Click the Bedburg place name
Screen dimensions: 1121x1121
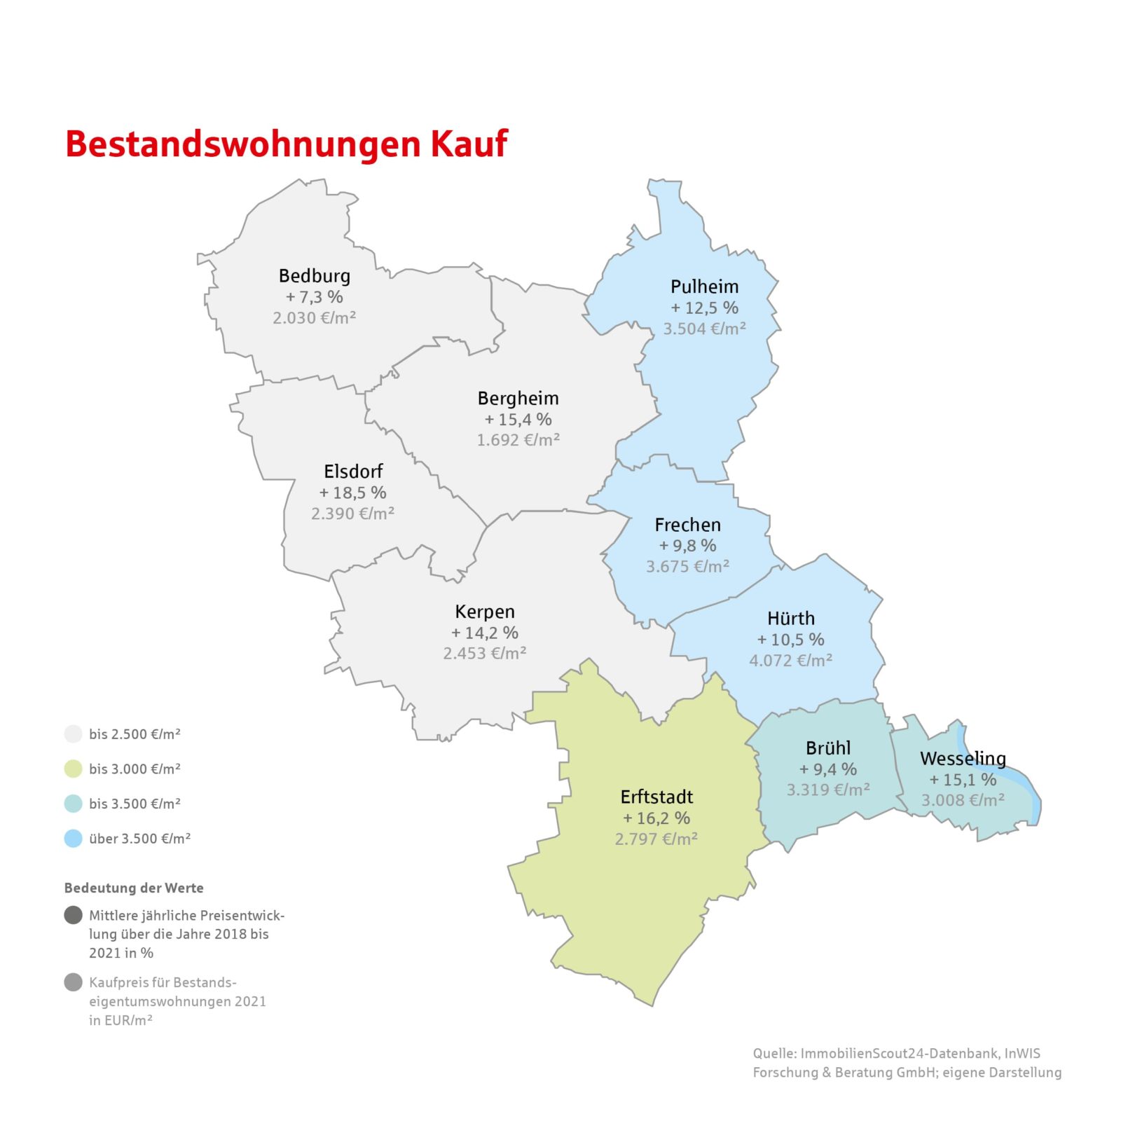pyautogui.click(x=315, y=276)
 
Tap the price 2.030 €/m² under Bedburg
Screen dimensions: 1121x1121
pyautogui.click(x=315, y=318)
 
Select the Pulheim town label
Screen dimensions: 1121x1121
pyautogui.click(x=704, y=287)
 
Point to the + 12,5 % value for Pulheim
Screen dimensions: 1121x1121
pyautogui.click(x=704, y=308)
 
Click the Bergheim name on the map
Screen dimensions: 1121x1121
pyautogui.click(x=518, y=399)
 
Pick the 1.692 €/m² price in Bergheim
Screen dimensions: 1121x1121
pyautogui.click(x=518, y=440)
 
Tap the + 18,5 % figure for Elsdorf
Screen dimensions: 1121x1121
pyautogui.click(x=352, y=493)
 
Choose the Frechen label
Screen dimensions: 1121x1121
pyautogui.click(x=687, y=525)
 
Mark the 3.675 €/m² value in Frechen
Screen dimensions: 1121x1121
pyautogui.click(x=687, y=566)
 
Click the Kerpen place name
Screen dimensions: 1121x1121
pyautogui.click(x=485, y=612)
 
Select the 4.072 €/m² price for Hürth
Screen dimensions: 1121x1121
pyautogui.click(x=790, y=660)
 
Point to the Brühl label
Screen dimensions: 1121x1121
pyautogui.click(x=828, y=748)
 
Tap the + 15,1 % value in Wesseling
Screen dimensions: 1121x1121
pyautogui.click(x=963, y=779)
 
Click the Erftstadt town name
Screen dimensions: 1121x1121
pyautogui.click(x=656, y=797)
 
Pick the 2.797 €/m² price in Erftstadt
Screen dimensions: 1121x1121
pyautogui.click(x=656, y=839)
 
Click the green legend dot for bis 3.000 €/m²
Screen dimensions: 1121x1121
pyautogui.click(x=74, y=769)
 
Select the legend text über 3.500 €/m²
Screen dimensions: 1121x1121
pyautogui.click(x=139, y=839)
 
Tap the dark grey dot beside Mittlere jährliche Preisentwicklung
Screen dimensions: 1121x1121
pyautogui.click(x=74, y=915)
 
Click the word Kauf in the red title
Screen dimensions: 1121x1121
pyautogui.click(x=469, y=144)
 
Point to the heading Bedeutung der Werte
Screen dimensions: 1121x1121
pyautogui.click(x=134, y=888)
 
